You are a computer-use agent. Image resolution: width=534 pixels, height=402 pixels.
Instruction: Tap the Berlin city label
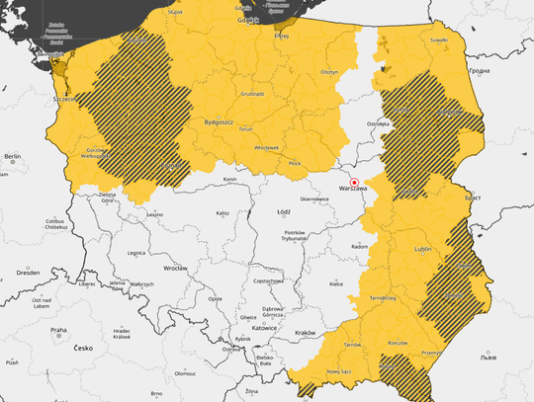click(x=12, y=156)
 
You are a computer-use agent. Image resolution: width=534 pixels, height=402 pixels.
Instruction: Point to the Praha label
click(x=58, y=330)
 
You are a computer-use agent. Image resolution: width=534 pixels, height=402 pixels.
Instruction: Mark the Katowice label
click(x=264, y=327)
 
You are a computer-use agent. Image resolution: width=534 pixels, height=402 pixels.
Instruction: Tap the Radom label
click(x=360, y=246)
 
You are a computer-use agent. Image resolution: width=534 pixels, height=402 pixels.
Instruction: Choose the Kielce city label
click(x=336, y=283)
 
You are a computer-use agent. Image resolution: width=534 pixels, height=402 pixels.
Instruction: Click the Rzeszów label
click(x=398, y=343)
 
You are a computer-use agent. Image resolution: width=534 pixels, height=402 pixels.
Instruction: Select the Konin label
click(x=230, y=180)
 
